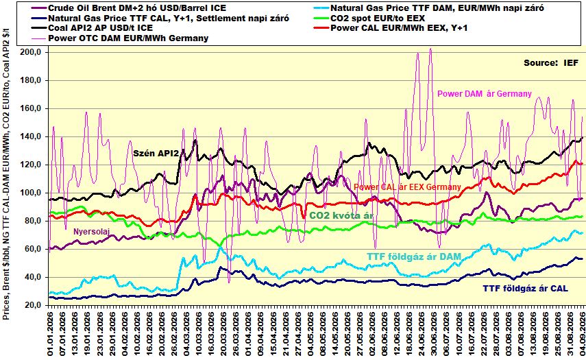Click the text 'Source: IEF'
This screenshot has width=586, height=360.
pos(551,63)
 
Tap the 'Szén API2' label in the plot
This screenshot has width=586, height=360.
pos(156,153)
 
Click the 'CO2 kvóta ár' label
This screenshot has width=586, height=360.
pos(341,216)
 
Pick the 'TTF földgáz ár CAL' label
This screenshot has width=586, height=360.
pos(526,288)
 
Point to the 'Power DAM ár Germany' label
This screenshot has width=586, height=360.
pos(485,93)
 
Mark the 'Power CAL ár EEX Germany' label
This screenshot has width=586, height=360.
pos(407,187)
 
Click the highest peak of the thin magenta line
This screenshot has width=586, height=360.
pos(430,49)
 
